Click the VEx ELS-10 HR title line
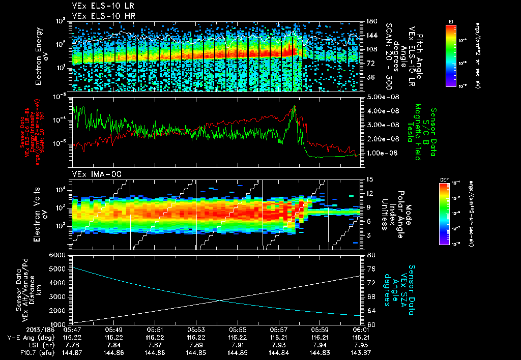tap(96, 16)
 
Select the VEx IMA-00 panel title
tap(89, 174)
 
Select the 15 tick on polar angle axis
tap(368, 179)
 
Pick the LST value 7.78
tap(72, 344)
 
